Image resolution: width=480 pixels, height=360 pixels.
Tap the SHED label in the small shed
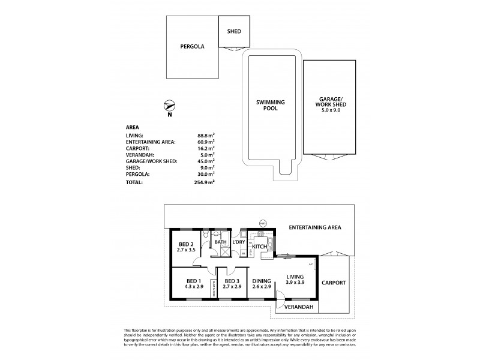[233, 32]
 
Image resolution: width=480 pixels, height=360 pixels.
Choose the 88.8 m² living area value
[206, 136]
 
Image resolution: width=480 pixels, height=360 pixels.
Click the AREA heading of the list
[133, 127]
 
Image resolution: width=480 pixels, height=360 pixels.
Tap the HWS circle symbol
[262, 224]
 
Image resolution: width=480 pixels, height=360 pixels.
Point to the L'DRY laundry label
[239, 242]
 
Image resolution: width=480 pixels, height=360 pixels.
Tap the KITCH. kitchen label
[260, 247]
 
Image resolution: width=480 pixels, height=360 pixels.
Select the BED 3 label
[232, 280]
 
